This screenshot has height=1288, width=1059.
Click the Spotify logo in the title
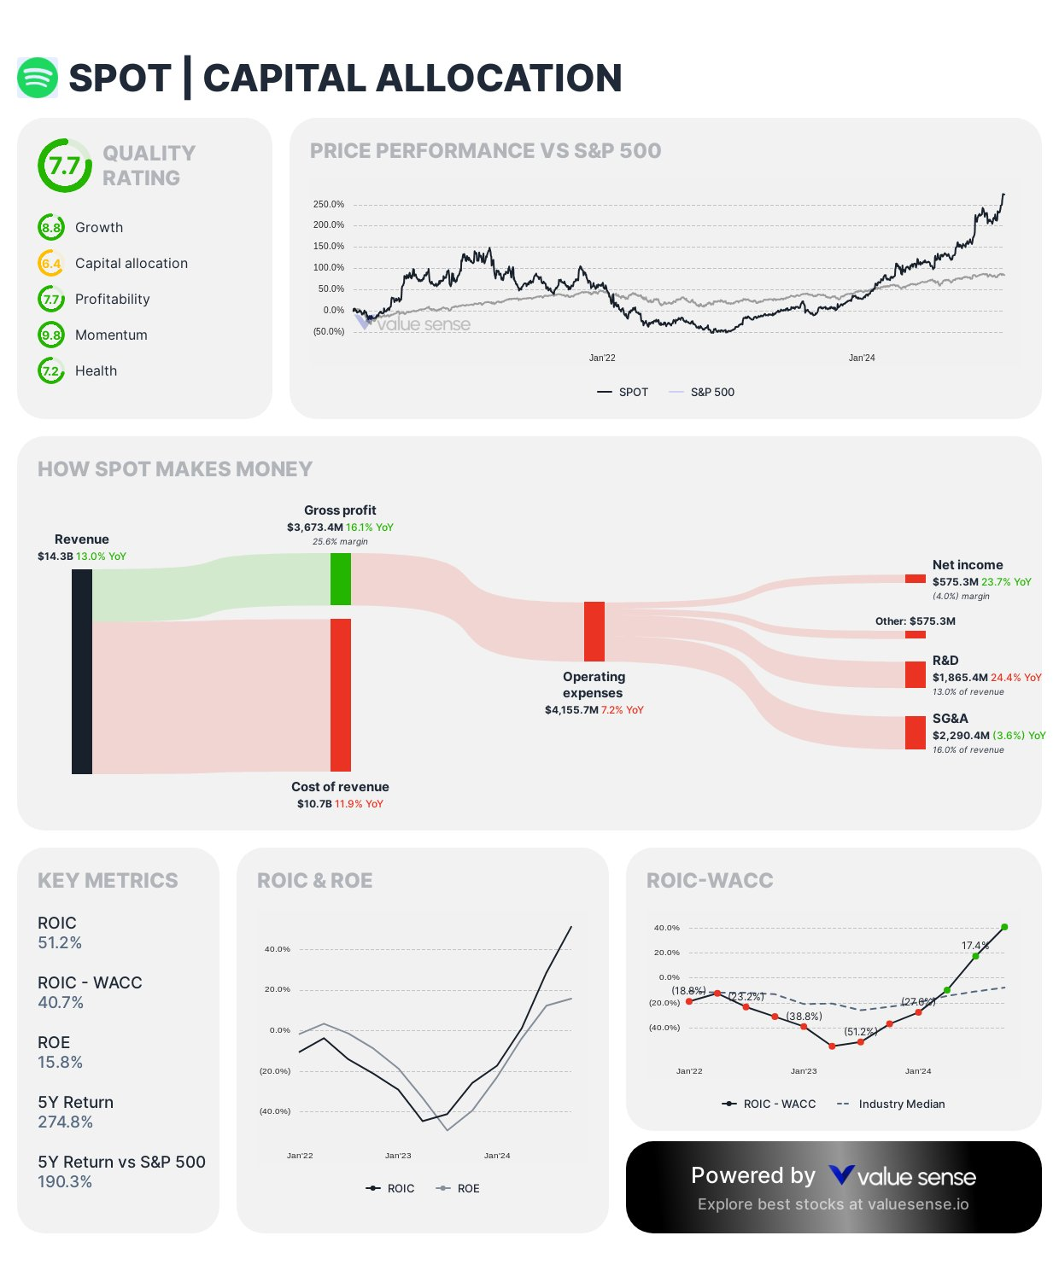pyautogui.click(x=38, y=78)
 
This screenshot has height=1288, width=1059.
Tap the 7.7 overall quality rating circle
pyautogui.click(x=65, y=166)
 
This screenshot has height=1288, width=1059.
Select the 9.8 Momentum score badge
pyautogui.click(x=51, y=335)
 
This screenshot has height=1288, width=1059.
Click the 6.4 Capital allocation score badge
pyautogui.click(x=51, y=264)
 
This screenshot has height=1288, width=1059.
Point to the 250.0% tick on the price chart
pyautogui.click(x=329, y=205)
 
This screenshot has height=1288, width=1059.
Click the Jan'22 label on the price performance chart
pyautogui.click(x=602, y=358)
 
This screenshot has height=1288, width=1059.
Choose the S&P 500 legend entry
pyautogui.click(x=702, y=393)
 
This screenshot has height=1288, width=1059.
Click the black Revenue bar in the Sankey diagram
pyautogui.click(x=82, y=671)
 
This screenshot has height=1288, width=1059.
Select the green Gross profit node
pyautogui.click(x=341, y=579)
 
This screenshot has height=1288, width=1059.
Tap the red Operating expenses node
pyautogui.click(x=594, y=631)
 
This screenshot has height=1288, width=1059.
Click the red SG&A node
pyautogui.click(x=916, y=732)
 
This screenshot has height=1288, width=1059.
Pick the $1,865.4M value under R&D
pyautogui.click(x=960, y=678)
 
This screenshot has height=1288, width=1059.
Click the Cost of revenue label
pyautogui.click(x=340, y=787)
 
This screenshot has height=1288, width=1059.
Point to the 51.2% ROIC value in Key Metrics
pyautogui.click(x=60, y=943)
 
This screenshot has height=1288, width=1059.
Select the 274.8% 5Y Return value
pyautogui.click(x=65, y=1122)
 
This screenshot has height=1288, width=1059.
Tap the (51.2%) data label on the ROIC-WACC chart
pyautogui.click(x=860, y=1032)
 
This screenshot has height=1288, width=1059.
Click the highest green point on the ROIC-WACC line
pyautogui.click(x=1004, y=927)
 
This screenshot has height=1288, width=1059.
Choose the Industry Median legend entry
pyautogui.click(x=892, y=1104)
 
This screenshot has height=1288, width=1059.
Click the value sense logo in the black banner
pyautogui.click(x=902, y=1177)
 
